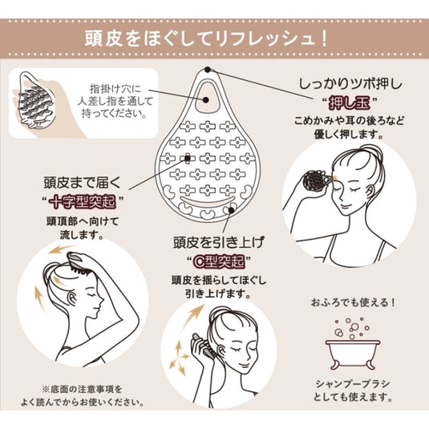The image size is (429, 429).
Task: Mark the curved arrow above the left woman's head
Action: click(61, 254)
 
